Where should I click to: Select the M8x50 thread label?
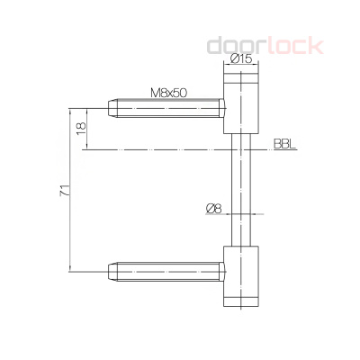click(169, 92)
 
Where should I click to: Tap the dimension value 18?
click(81, 129)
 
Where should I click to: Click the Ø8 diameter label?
click(214, 208)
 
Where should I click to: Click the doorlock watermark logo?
click(265, 44)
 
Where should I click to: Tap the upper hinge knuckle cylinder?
click(239, 101)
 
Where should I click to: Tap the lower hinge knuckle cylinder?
click(239, 275)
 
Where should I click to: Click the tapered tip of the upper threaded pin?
click(113, 107)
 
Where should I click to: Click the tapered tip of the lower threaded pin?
click(113, 269)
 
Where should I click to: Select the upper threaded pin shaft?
click(171, 107)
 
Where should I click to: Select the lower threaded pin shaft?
click(171, 269)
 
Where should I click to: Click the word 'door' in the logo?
click(236, 44)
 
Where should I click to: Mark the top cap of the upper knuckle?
click(239, 76)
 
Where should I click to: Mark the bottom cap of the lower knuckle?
click(239, 302)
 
